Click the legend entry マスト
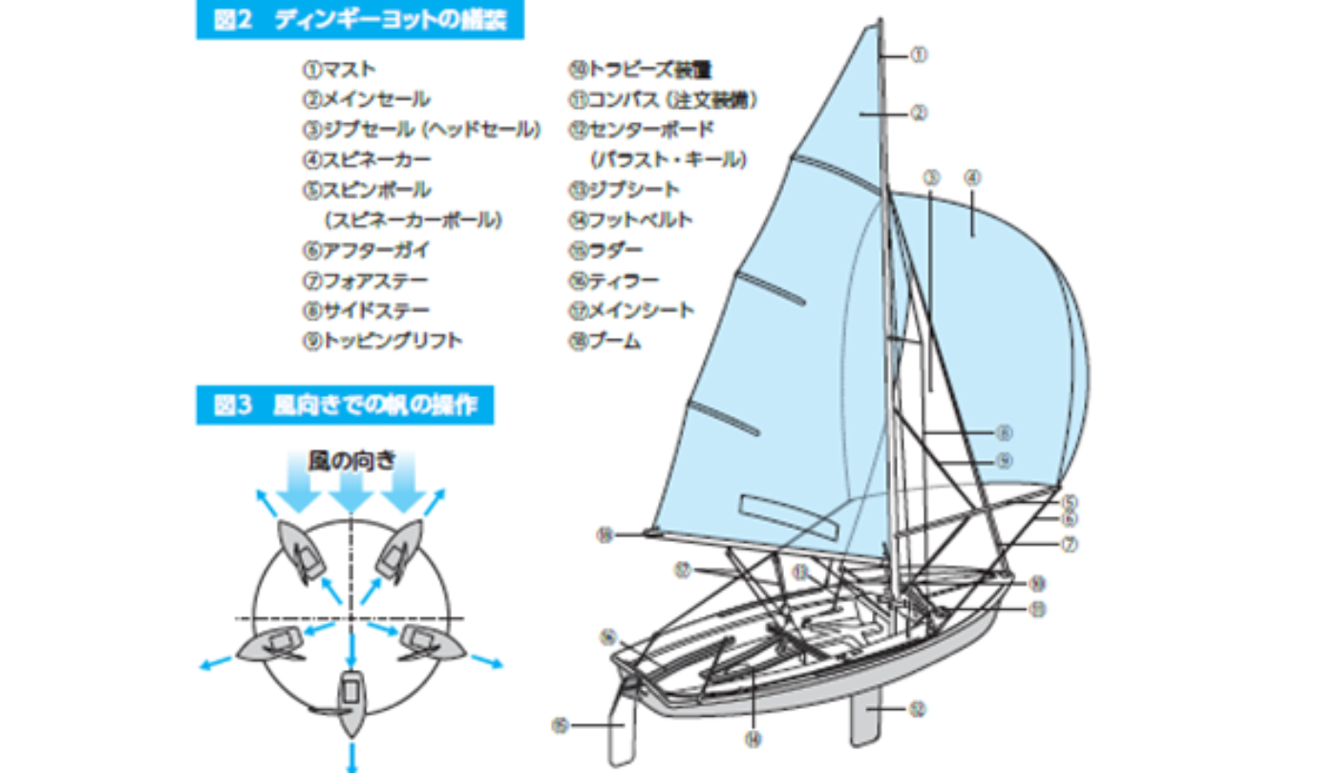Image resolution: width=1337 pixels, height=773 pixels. coord(339,70)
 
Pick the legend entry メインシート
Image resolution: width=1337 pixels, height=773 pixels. coord(631,310)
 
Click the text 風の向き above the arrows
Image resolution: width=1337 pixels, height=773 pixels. coord(350,460)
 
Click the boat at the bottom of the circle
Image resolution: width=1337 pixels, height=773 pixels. coord(350,701)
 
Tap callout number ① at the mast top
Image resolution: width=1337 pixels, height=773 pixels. coord(918,55)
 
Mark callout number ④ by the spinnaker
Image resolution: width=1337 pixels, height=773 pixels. coord(972,177)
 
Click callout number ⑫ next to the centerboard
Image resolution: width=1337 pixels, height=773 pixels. coord(918,709)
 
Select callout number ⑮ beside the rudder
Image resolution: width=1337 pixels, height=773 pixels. coord(561,725)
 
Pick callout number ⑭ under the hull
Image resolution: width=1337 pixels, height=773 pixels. coord(753,737)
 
